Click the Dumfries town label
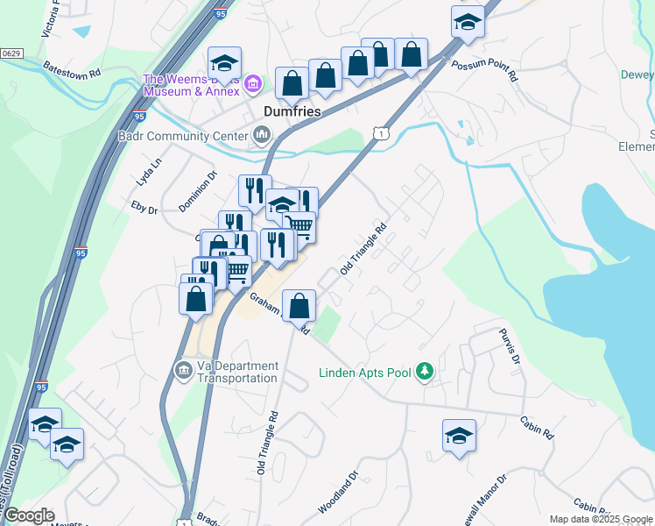[x=292, y=113]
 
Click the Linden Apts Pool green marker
[x=424, y=372]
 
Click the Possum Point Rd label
[x=484, y=71]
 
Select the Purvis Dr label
[x=510, y=346]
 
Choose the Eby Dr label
[x=144, y=210]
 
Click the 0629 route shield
[x=11, y=53]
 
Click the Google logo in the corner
[x=28, y=515]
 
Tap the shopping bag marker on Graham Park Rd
[x=299, y=307]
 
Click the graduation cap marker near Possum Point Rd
[x=468, y=23]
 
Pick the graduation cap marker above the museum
[x=225, y=63]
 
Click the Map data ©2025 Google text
[x=602, y=519]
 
